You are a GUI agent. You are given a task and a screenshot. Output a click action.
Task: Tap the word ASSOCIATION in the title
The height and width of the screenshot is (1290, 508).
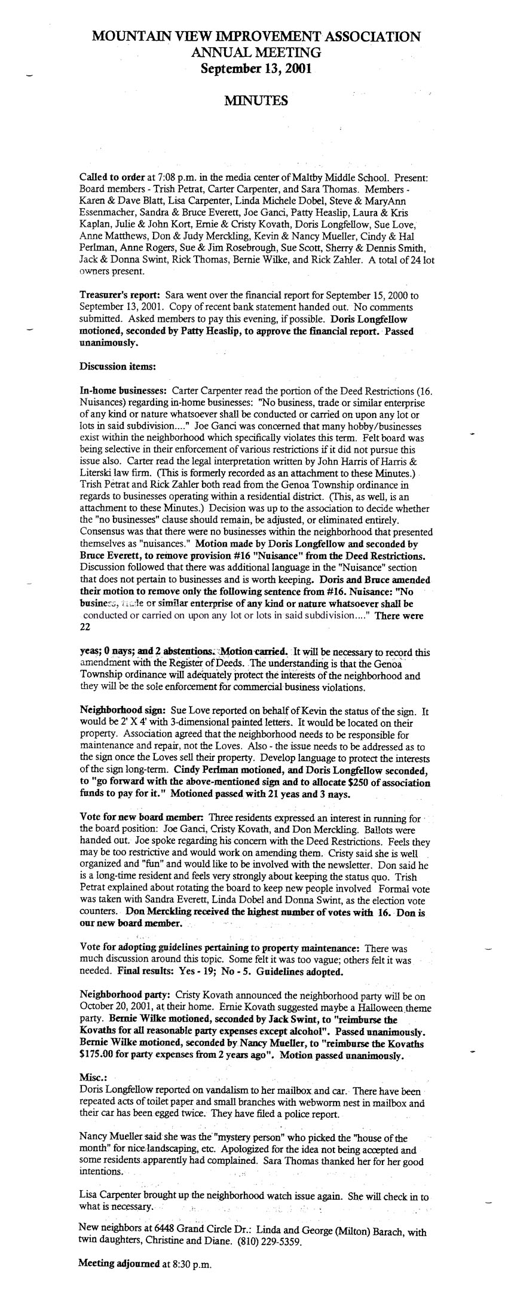pyautogui.click(x=369, y=37)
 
